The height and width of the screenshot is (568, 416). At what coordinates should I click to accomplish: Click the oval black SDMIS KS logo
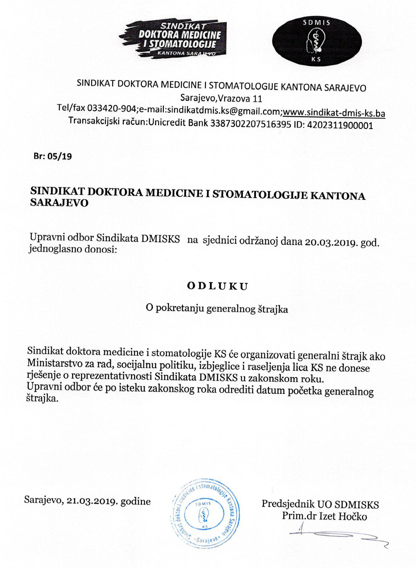click(317, 41)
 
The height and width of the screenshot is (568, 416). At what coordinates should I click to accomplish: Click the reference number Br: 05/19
click(53, 156)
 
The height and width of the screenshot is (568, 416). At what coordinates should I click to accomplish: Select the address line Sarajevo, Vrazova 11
click(221, 98)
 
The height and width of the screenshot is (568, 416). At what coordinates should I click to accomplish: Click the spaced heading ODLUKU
click(218, 286)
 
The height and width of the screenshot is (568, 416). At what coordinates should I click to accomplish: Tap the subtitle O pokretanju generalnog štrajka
click(217, 309)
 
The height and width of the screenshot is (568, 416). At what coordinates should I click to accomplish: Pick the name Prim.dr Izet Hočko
click(324, 516)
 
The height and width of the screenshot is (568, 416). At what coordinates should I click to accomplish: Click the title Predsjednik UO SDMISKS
click(320, 504)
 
